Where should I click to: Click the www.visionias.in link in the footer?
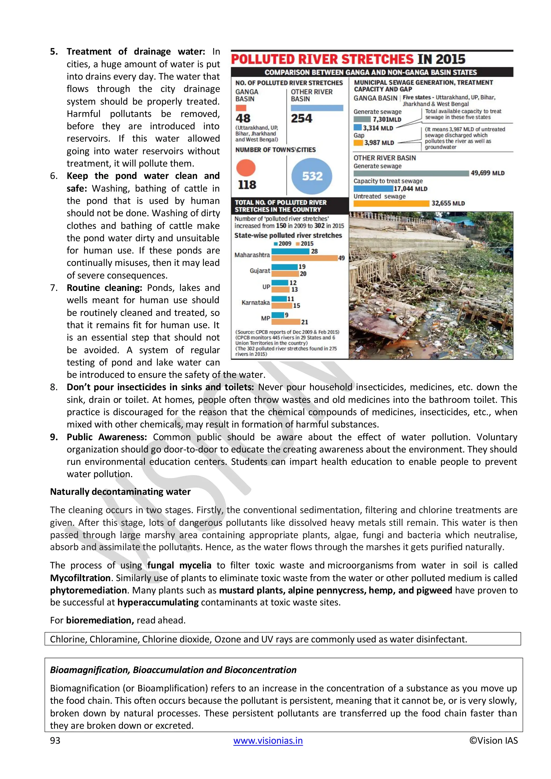268,740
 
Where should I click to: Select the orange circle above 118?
246,168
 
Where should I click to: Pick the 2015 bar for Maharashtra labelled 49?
304,258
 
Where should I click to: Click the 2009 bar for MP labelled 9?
278,315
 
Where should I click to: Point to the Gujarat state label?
260,270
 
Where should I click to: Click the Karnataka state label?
256,302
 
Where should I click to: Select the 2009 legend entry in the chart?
282,244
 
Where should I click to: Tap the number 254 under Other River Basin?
301,118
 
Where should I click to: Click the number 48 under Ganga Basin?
243,118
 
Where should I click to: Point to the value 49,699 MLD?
487,173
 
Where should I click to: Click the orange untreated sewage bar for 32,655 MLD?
391,203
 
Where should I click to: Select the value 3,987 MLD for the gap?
379,143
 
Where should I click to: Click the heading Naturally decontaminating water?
120,492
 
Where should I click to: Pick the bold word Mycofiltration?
80,578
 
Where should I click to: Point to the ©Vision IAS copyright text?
493,740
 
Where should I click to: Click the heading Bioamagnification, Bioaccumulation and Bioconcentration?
173,670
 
